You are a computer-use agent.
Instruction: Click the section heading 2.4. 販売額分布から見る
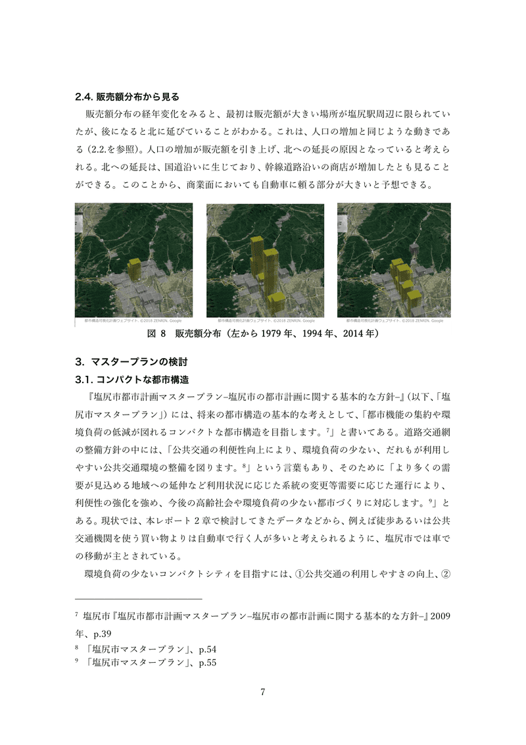coord(128,96)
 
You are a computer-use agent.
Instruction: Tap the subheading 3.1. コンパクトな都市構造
coord(133,380)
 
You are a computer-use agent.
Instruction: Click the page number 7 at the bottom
coord(263,692)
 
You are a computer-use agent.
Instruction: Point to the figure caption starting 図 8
coord(263,334)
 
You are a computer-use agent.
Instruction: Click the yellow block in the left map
coord(135,269)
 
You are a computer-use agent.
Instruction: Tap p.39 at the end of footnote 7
coord(106,634)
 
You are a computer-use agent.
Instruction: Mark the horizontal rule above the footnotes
coord(138,600)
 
